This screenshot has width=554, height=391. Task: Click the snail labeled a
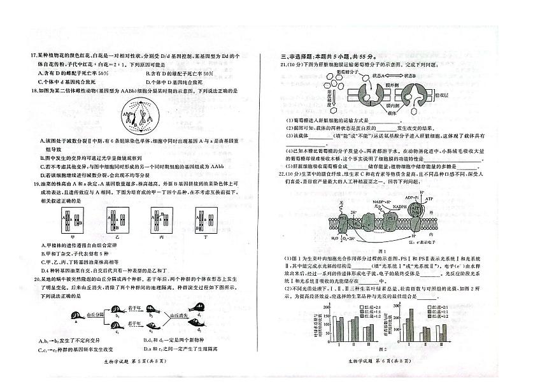pyautogui.click(x=77, y=316)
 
